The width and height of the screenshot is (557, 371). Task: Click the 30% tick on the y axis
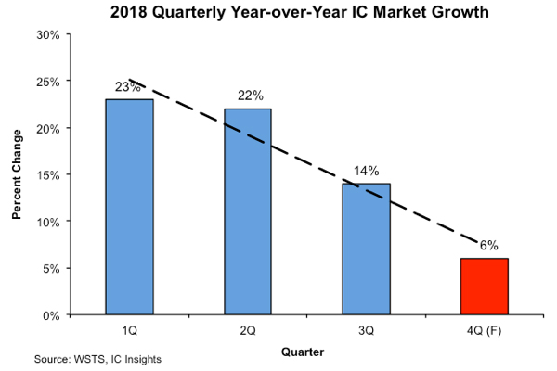point(47,35)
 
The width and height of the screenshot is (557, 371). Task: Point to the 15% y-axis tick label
point(47,175)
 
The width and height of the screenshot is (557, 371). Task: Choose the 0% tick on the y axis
point(51,315)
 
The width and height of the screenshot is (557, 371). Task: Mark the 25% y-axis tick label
point(47,82)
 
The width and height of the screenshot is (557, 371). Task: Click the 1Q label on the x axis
point(129,329)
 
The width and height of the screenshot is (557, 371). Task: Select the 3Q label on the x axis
point(366,329)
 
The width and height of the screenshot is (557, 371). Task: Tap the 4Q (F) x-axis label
point(484,329)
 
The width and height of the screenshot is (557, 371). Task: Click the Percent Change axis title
point(18,175)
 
